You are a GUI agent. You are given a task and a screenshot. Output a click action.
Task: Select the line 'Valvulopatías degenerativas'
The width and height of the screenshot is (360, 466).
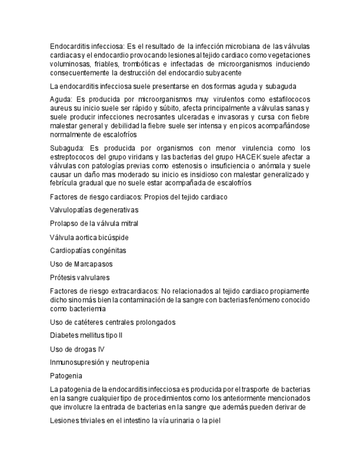94,210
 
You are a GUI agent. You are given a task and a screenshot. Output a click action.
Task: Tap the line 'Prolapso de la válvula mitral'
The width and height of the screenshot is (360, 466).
94,223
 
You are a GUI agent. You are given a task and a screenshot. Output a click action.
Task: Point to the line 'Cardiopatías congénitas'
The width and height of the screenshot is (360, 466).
88,251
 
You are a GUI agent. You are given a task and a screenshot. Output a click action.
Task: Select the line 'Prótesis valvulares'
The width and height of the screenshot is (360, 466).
80,278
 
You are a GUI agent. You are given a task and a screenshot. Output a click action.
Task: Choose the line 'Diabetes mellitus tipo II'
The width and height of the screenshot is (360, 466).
86,335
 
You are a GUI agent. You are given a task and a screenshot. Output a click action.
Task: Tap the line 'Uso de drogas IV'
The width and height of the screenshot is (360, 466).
77,349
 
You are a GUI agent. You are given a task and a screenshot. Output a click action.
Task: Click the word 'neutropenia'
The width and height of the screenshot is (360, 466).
130,362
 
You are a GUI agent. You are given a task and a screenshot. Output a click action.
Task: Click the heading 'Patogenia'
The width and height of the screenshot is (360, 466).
66,376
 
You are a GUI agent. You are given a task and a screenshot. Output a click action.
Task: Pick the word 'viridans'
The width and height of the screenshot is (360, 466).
132,157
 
